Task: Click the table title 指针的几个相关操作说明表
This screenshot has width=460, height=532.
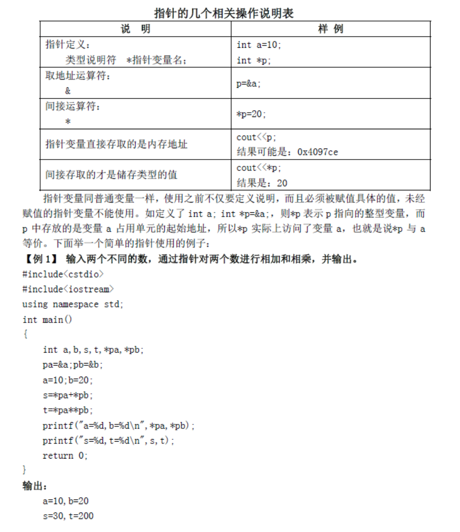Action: [x=224, y=13]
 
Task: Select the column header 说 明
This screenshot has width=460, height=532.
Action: [x=136, y=29]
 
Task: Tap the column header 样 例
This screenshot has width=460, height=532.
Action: [x=331, y=29]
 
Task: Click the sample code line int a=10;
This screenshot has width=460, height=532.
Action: [x=259, y=45]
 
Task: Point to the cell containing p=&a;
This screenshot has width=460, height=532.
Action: [x=248, y=83]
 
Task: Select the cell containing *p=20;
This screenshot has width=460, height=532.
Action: [x=251, y=114]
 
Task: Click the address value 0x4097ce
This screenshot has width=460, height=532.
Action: [x=318, y=152]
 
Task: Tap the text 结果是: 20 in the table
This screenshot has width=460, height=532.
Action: [x=262, y=183]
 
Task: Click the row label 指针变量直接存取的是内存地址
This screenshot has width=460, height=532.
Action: [x=116, y=144]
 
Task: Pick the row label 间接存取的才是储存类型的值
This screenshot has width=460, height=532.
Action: [x=112, y=175]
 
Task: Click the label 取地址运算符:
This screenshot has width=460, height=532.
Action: [x=78, y=76]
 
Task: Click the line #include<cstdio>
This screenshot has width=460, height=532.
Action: [x=63, y=274]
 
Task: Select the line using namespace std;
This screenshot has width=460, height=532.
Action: [x=73, y=304]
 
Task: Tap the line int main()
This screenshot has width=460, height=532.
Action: [x=47, y=320]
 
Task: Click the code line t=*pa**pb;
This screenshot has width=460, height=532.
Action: [x=68, y=410]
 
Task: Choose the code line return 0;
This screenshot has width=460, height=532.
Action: [x=65, y=456]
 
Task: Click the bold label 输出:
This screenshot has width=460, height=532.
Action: [x=35, y=486]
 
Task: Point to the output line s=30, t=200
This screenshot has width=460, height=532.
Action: [x=68, y=516]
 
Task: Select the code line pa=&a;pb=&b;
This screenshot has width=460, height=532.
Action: [x=73, y=365]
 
